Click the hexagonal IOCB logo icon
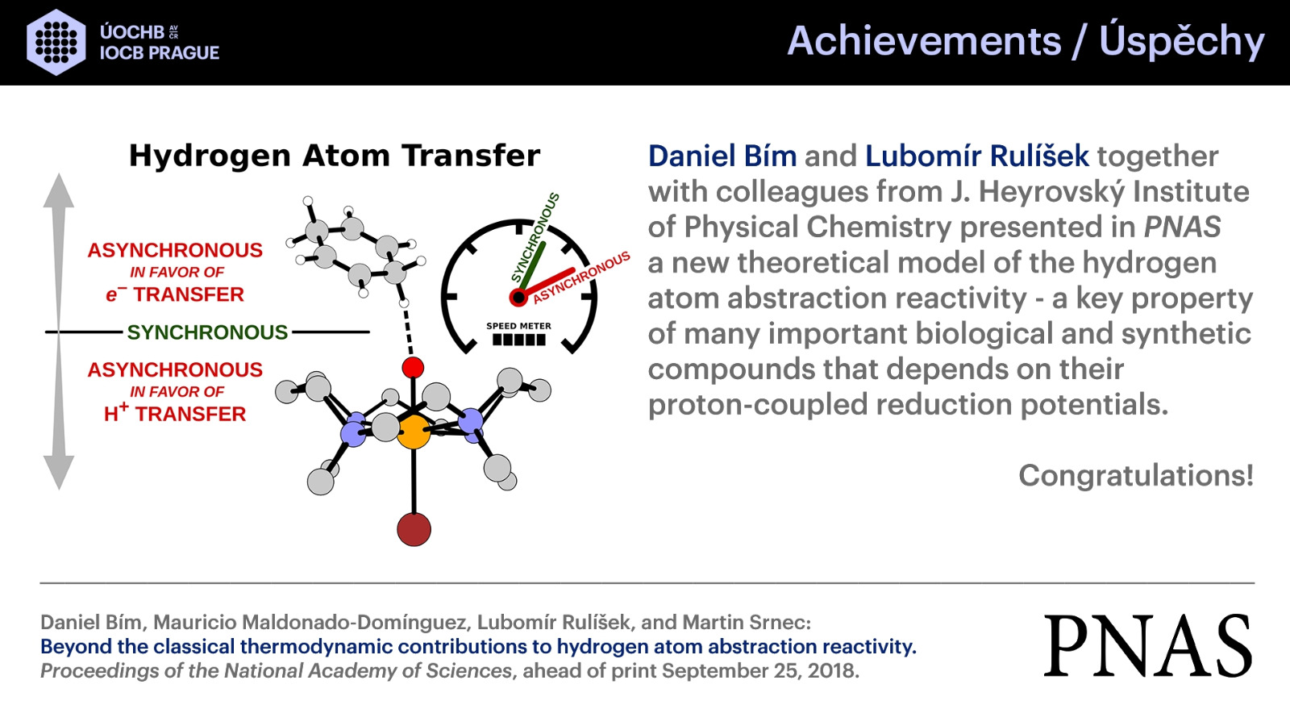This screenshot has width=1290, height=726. pos(56,42)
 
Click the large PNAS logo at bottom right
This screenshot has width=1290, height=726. pos(1148,645)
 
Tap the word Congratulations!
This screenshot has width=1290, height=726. pos(1136,476)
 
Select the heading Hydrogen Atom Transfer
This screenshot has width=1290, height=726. pos(335,156)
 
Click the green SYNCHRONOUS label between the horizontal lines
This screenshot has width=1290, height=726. pos(207,332)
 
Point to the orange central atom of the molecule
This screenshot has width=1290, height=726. pos(414,432)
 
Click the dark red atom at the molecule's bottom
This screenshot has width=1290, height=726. pos(414,529)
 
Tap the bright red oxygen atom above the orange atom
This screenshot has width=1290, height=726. pos(412,368)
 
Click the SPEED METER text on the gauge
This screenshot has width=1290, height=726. pos(519,326)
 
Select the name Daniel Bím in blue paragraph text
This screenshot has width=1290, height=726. pos(722,156)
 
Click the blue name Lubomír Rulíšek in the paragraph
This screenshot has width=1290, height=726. pos(976,156)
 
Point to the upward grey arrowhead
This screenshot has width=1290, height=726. pos(59,190)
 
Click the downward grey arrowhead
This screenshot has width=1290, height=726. pos(59,473)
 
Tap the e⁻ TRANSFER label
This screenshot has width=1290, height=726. pos(175,294)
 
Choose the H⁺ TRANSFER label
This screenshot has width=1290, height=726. pos(175,413)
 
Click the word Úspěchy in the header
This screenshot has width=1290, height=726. pos(1182,41)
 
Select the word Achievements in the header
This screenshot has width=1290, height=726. pos(924,41)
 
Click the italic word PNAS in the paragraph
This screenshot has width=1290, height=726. pos(1182,227)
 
